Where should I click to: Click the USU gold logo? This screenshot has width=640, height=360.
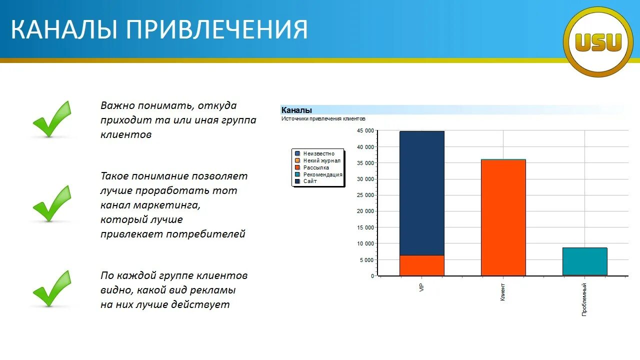[598, 42]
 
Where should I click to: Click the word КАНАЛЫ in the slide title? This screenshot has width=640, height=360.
[63, 29]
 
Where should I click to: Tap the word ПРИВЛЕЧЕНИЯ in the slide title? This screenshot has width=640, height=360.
[216, 29]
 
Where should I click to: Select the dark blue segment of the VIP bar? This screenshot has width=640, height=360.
[421, 193]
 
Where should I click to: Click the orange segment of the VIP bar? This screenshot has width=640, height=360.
[421, 265]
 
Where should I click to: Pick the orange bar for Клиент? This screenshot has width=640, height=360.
[503, 217]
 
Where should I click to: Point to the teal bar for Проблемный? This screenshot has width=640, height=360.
[584, 261]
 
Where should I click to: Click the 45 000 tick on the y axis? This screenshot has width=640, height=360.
[365, 131]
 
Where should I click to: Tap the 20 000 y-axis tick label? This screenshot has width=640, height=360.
[365, 211]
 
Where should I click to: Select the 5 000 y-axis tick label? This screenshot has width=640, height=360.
[366, 260]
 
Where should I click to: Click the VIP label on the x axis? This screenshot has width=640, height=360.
[421, 288]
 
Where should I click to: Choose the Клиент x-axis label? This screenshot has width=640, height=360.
[503, 291]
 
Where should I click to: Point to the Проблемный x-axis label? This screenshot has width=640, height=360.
[584, 299]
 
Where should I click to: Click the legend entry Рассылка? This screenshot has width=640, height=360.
[316, 167]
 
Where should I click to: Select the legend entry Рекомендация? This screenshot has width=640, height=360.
[322, 174]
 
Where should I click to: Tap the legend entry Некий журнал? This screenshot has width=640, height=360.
[321, 160]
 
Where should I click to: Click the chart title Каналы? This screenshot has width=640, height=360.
[296, 110]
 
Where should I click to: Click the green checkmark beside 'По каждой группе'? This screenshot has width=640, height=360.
[52, 288]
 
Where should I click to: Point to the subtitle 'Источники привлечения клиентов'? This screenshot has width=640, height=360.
[323, 119]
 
